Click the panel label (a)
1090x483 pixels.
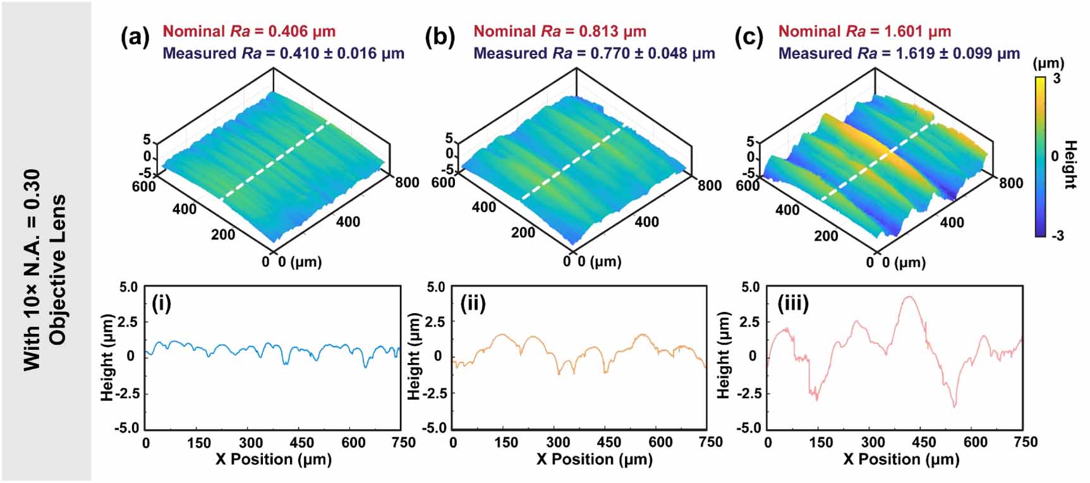tap(135, 39)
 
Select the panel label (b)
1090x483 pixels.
tap(440, 39)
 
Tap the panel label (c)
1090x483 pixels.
tap(749, 39)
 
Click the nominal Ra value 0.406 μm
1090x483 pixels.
tap(302, 32)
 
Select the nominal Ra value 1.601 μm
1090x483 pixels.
tap(917, 32)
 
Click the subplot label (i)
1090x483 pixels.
tap(162, 304)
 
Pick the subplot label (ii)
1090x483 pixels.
tap(473, 304)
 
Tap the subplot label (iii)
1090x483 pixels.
tap(792, 304)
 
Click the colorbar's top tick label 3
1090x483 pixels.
tap(1057, 80)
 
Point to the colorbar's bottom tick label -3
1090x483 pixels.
tap(1057, 236)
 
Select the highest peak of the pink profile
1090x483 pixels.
tap(909, 296)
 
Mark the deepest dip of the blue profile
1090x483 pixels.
tap(365, 367)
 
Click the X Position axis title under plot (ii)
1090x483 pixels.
tap(594, 459)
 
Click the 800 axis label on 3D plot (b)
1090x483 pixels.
tap(710, 186)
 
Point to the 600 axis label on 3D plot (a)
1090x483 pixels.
tap(144, 186)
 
